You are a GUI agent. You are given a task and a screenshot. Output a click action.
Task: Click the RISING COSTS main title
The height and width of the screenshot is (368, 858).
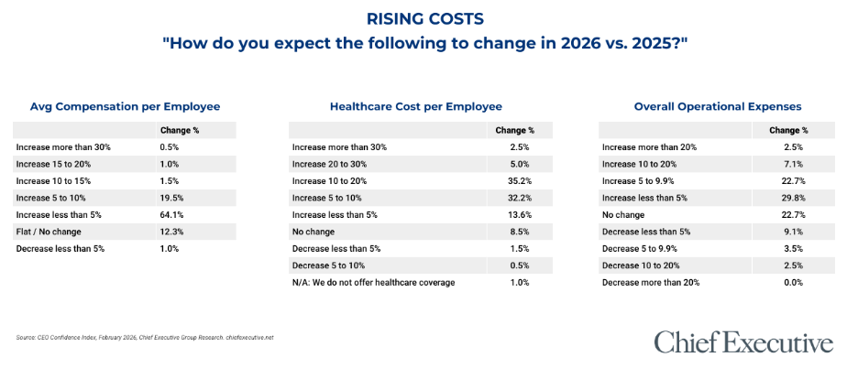pyautogui.click(x=429, y=19)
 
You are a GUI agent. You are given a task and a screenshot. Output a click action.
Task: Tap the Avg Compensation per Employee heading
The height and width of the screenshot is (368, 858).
pyautogui.click(x=125, y=106)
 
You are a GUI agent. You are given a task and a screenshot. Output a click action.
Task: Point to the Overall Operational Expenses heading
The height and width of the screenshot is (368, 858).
pyautogui.click(x=719, y=106)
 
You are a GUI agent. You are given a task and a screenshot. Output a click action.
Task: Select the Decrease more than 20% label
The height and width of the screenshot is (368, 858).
pyautogui.click(x=650, y=281)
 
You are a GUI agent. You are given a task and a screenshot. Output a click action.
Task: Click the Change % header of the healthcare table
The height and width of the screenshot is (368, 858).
pyautogui.click(x=514, y=131)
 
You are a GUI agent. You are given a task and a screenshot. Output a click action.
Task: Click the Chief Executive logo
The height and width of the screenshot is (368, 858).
pyautogui.click(x=743, y=342)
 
